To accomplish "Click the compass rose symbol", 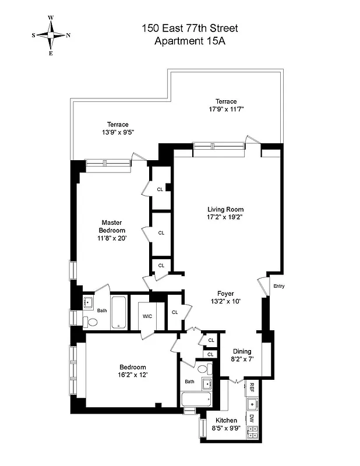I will [x=51, y=35].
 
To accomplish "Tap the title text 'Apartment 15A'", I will [x=190, y=41].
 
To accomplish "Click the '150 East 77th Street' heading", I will [x=190, y=28].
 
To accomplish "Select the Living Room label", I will [x=225, y=213].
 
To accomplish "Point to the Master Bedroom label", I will [x=111, y=230].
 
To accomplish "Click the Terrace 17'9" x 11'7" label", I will [x=225, y=105].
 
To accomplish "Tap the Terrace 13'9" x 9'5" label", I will [x=117, y=128].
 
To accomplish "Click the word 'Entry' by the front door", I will [x=279, y=286].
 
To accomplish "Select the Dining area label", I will [x=242, y=355].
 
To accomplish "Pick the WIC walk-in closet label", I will [x=147, y=317].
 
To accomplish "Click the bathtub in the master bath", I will [x=118, y=312].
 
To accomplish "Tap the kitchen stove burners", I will [x=253, y=432].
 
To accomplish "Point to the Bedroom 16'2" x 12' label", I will [x=132, y=371].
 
